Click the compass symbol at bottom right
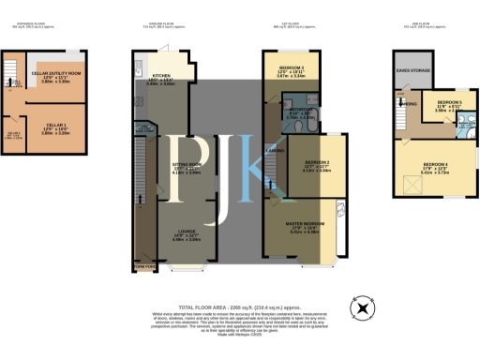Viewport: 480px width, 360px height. pyautogui.click(x=360, y=307)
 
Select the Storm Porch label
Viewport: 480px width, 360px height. pyautogui.click(x=143, y=268)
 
